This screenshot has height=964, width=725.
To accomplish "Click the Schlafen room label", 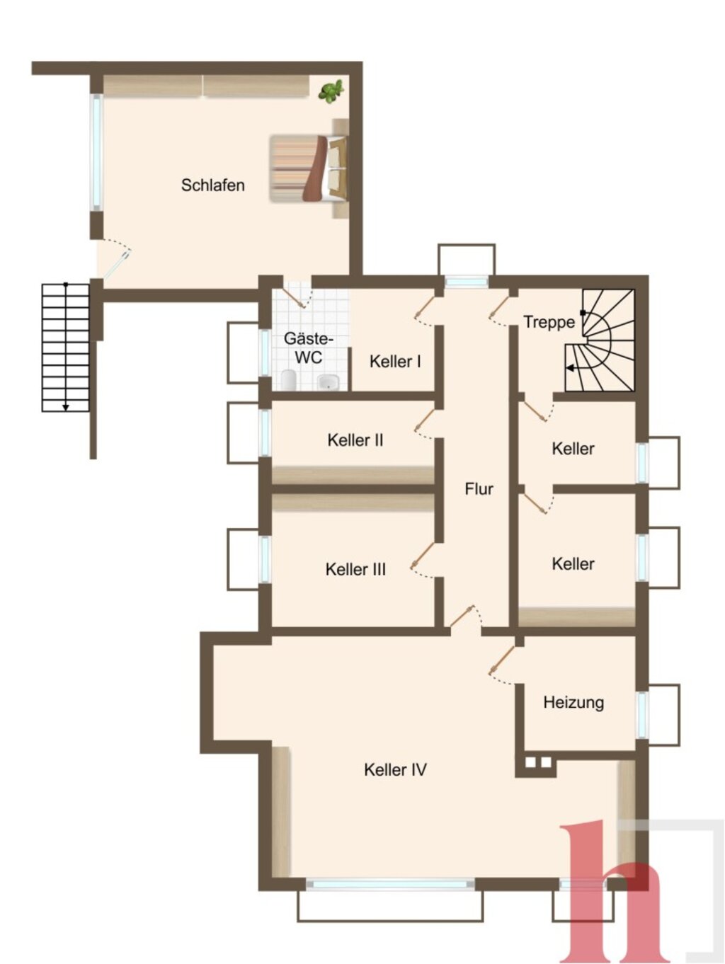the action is [213, 185].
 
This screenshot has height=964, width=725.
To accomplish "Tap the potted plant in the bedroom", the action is [331, 91].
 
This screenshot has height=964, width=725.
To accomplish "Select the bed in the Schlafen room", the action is [309, 168].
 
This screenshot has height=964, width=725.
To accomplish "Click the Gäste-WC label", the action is [309, 348].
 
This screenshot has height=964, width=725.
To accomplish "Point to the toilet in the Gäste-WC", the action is [288, 379].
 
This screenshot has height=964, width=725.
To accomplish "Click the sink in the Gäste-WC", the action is [328, 381].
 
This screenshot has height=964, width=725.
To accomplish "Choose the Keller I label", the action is [395, 362].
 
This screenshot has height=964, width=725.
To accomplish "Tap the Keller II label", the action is [355, 440].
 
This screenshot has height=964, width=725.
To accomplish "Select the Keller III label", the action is [355, 570].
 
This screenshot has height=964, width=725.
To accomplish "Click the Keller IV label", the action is [395, 769].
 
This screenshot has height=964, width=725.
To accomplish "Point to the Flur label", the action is [479, 489].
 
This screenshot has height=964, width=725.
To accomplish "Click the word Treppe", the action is [549, 322].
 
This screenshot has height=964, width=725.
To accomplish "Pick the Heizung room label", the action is [573, 702].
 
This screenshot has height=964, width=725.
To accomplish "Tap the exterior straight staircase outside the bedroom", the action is [65, 348].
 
